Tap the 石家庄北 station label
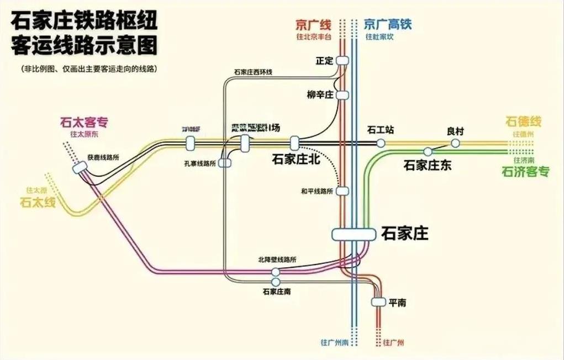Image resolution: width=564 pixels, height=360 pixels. (296, 159)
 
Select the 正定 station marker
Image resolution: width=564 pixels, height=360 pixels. (342, 60)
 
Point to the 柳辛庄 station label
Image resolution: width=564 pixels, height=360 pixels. (320, 94)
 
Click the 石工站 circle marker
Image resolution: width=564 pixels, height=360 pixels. (381, 143)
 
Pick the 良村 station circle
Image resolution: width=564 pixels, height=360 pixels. (455, 143)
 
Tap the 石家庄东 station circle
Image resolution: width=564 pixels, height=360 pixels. (428, 151)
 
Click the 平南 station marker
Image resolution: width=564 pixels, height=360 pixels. (378, 301)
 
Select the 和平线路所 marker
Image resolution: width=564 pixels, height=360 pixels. (342, 191)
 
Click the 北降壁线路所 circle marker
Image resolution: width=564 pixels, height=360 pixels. (276, 272)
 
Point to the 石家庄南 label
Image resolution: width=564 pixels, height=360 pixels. (277, 292)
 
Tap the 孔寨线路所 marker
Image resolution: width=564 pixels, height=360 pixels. (224, 163)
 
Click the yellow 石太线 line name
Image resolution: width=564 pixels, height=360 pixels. (38, 203)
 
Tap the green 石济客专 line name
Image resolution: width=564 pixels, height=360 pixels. (525, 172)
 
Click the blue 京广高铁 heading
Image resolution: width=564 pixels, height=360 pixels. (388, 24)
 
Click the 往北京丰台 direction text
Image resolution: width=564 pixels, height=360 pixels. (313, 36)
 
